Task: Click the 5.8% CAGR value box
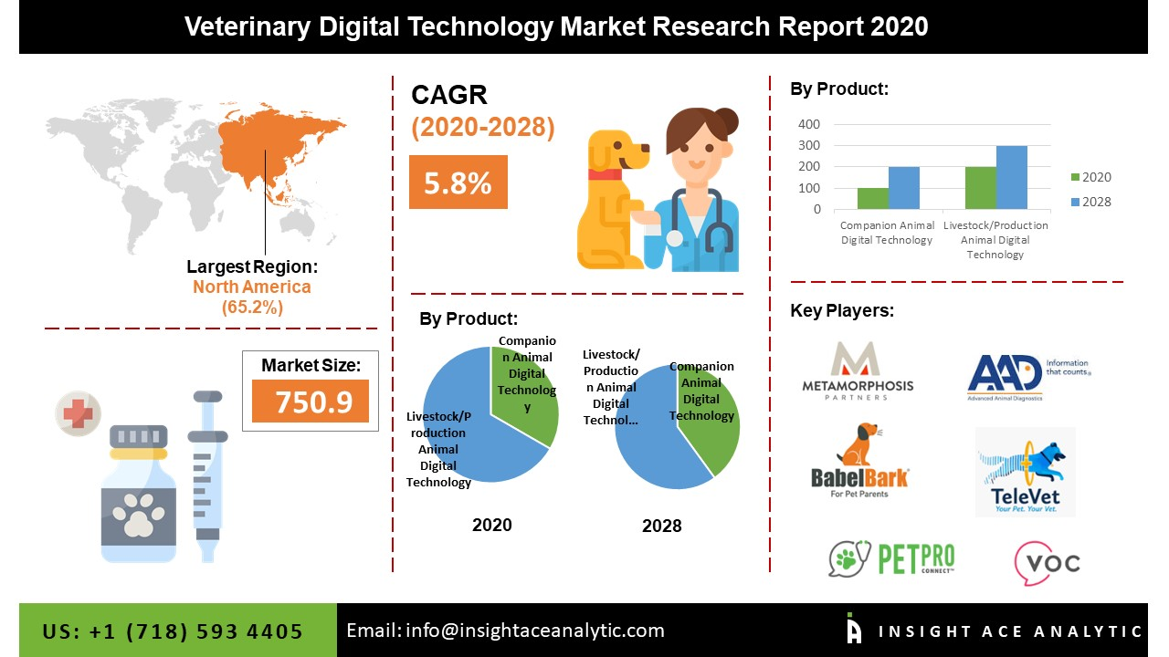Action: tap(458, 182)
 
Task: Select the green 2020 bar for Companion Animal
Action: tap(872, 198)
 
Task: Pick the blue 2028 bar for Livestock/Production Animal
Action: tap(1011, 177)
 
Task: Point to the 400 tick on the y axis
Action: tap(809, 124)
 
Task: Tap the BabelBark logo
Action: tap(859, 461)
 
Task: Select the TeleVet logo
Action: tap(1025, 472)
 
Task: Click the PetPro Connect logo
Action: tap(891, 558)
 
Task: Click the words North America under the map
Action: tap(251, 287)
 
